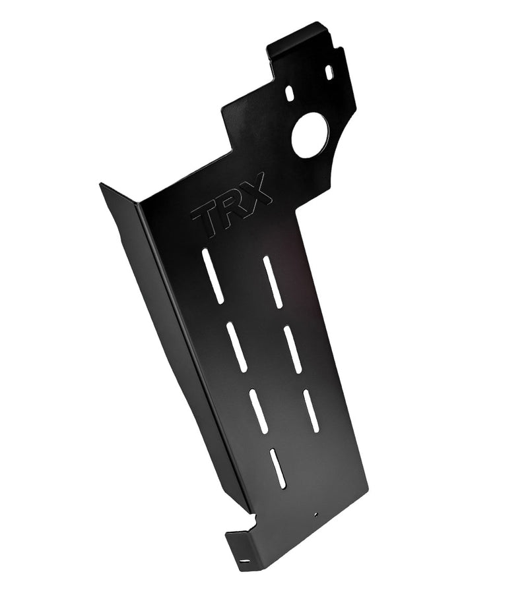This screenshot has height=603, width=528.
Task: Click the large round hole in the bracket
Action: click(x=310, y=135)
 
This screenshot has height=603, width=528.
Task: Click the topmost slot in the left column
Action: click(x=213, y=276)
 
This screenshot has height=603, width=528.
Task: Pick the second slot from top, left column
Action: click(x=236, y=347)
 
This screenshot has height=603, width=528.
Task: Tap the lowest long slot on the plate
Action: click(x=278, y=468)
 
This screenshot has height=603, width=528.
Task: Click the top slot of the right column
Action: click(x=273, y=282)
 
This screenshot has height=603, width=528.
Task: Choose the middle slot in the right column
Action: click(x=292, y=349)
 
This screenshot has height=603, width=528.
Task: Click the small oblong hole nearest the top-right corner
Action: click(x=329, y=72)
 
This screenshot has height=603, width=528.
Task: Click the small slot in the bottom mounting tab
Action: click(x=246, y=561)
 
